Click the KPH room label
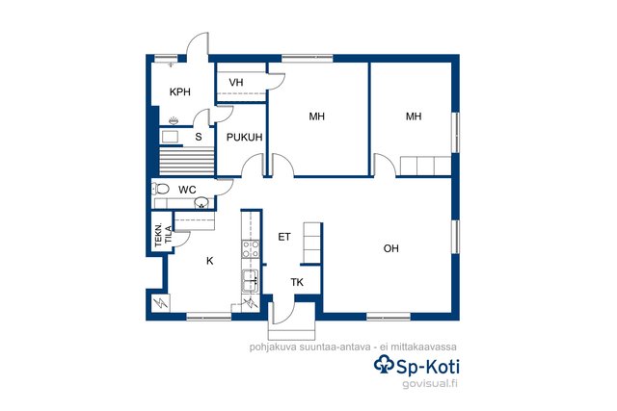tap(180, 92)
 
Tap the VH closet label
tap(236, 83)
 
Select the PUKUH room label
tap(244, 137)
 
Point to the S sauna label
tap(199, 137)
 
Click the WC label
tap(187, 190)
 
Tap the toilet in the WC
tap(161, 189)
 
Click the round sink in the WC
tap(201, 202)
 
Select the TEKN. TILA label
tap(163, 235)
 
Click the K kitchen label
tap(210, 261)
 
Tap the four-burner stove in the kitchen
tap(251, 249)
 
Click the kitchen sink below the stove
tap(251, 280)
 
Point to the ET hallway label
tap(284, 237)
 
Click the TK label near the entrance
tap(297, 282)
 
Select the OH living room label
tap(390, 248)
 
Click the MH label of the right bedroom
tap(414, 116)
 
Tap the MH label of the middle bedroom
tap(317, 116)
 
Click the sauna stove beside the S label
tap(171, 137)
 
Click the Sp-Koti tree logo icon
tap(384, 364)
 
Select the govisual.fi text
tap(430, 384)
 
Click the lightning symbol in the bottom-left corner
tap(160, 302)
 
